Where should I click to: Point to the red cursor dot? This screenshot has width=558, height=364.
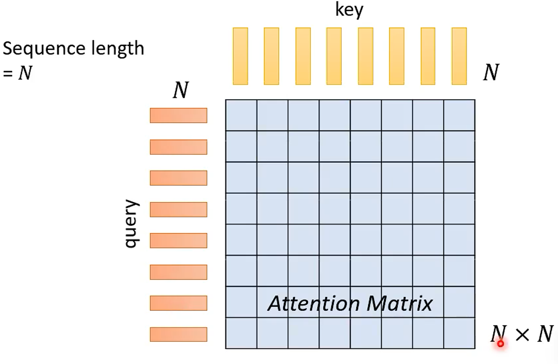[x=500, y=344]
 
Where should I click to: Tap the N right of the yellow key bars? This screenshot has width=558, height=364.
[x=491, y=72]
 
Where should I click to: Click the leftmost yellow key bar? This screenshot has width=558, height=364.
[x=240, y=56]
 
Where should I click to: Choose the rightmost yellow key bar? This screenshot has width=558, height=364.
[x=459, y=56]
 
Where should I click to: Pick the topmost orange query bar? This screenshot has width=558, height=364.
[x=178, y=115]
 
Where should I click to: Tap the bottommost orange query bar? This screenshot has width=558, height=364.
[x=178, y=334]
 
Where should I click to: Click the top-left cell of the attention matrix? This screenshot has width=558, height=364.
[x=241, y=115]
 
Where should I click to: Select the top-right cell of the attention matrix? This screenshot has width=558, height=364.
[x=459, y=115]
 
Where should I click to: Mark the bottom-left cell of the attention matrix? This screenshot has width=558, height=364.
[x=241, y=333]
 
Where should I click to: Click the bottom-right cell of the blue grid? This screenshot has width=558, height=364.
[x=459, y=333]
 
